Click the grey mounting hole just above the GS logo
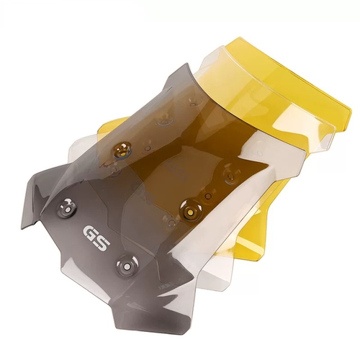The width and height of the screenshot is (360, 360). tap(67, 208)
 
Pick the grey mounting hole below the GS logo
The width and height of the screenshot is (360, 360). tap(127, 266)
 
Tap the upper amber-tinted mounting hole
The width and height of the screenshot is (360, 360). tap(122, 150)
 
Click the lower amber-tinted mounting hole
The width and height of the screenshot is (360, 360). tap(192, 210)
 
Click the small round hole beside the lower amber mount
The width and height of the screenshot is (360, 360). tap(209, 197)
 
